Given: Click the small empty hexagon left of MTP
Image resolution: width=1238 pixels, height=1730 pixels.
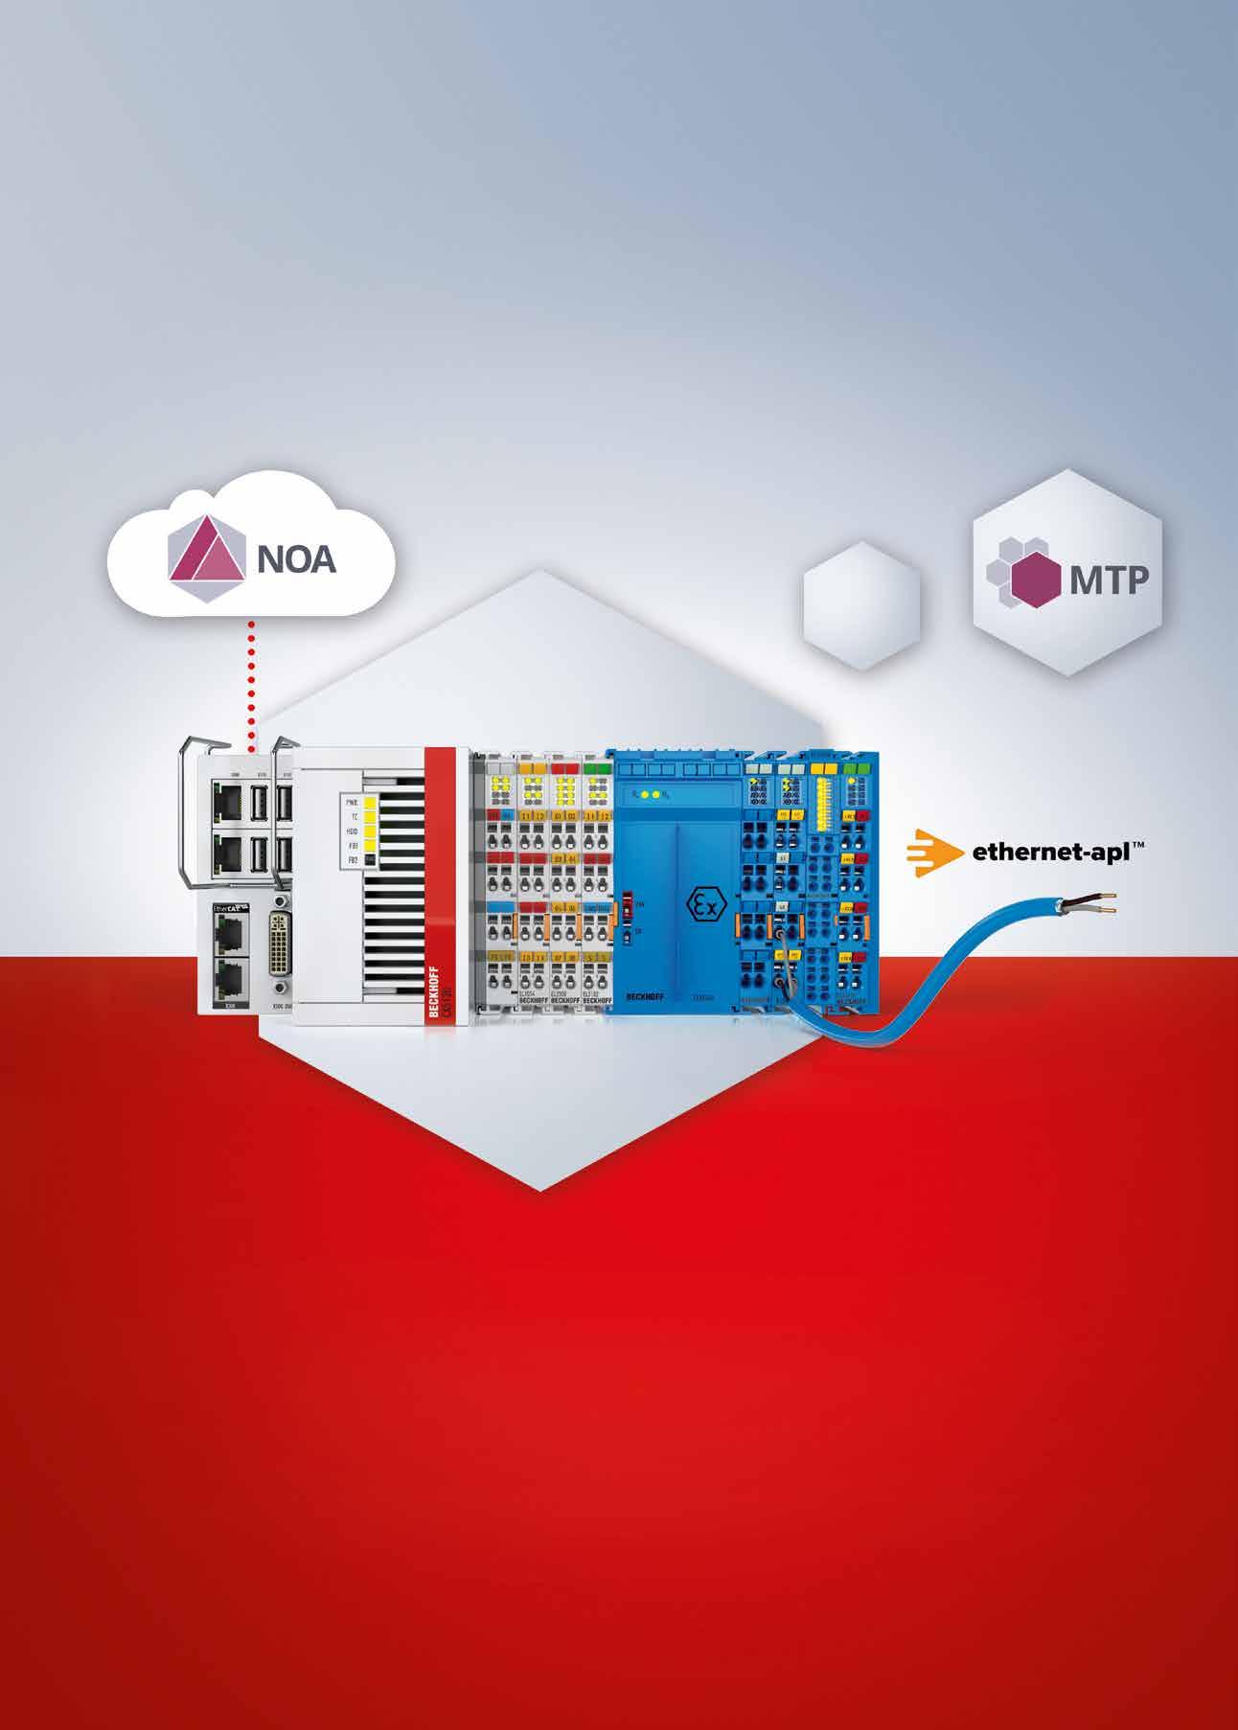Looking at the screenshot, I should [x=860, y=604].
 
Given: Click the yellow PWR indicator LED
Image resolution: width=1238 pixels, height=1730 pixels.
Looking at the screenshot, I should [x=371, y=797].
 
